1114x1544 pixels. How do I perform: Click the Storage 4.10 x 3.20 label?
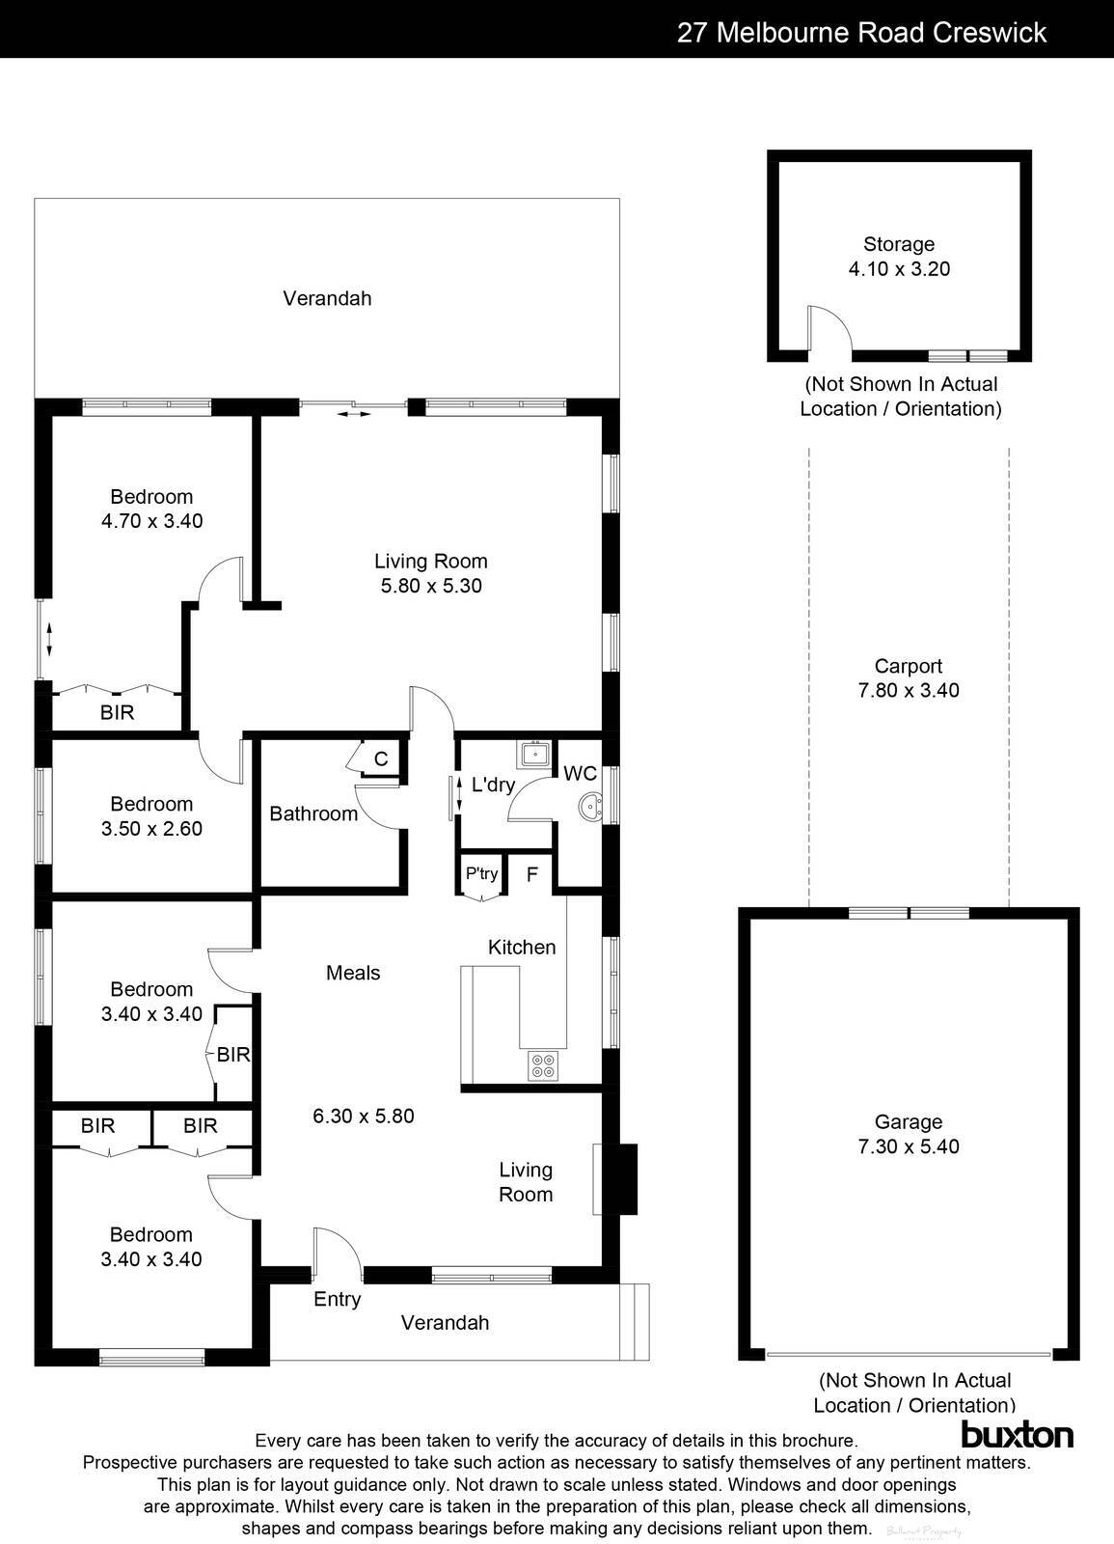coord(899,257)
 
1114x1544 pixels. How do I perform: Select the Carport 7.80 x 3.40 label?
coord(909,677)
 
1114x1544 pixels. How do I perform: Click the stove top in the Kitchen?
coord(543,1065)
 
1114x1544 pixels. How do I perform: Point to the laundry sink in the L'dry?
coord(532,753)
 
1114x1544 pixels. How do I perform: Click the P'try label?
coord(481,874)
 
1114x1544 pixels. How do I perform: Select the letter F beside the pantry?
coord(531,875)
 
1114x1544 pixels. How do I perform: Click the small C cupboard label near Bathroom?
coord(381,758)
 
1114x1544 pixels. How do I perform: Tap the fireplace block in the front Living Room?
coord(626,1178)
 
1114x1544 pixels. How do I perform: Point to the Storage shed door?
coord(829,330)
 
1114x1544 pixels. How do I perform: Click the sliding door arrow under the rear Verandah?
coord(353,414)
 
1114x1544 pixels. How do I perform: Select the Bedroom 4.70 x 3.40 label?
coord(151,509)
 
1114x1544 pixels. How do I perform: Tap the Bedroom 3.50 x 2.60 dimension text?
coord(151,828)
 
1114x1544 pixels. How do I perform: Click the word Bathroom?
coord(313,813)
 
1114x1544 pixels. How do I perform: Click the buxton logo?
coord(1017,1434)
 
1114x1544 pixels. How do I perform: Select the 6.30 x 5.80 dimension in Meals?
coord(364,1116)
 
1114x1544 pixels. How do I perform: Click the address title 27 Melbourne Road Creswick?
coord(861,33)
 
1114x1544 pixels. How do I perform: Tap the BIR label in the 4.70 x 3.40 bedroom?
coord(117,713)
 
